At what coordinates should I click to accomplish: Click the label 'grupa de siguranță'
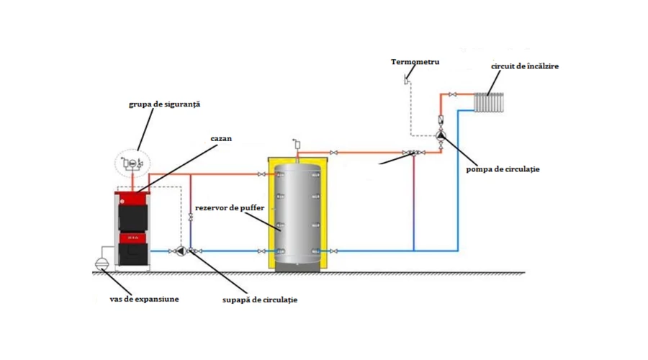pos(159,104)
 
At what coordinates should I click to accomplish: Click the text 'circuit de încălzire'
pos(525,66)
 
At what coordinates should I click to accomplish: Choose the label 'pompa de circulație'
pos(503,169)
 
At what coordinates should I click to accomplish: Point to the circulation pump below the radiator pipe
pos(441,135)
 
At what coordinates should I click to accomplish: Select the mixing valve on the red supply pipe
pos(413,153)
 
